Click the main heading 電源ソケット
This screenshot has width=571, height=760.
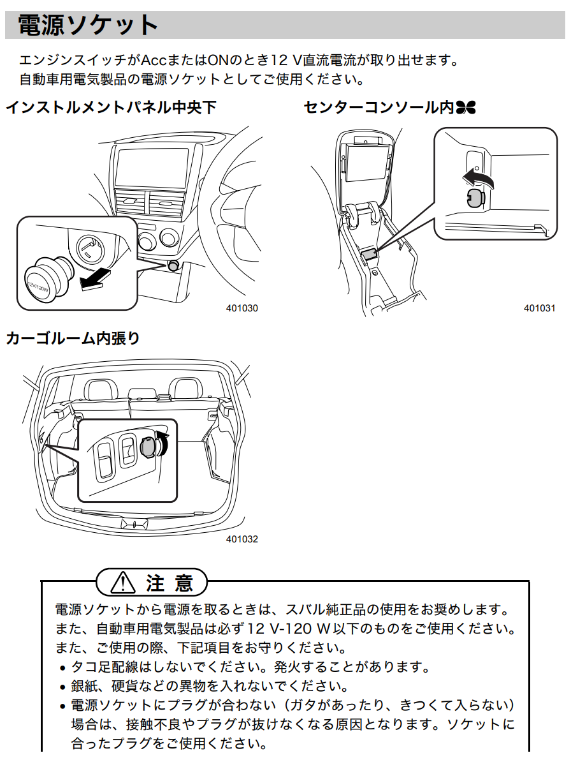(x=87, y=26)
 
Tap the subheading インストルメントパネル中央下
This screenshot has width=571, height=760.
(x=111, y=107)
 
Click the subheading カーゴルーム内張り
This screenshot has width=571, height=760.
(x=73, y=338)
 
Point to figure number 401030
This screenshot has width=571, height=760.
(x=242, y=308)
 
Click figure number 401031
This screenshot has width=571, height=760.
(x=540, y=308)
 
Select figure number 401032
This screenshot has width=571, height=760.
(x=242, y=539)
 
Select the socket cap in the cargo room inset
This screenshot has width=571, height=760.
(x=148, y=447)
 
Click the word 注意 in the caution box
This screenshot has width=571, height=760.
(x=169, y=583)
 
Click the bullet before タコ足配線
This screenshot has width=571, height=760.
(x=62, y=669)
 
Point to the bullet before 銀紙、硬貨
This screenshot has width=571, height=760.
(x=62, y=688)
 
